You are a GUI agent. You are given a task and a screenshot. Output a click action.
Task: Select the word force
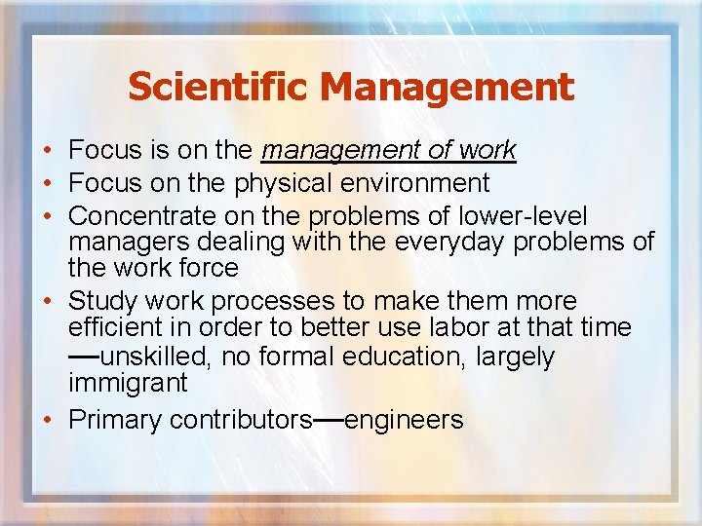tap(206, 267)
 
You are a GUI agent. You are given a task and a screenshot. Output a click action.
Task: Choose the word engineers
tap(404, 420)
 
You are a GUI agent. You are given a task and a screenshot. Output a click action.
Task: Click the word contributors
tap(240, 420)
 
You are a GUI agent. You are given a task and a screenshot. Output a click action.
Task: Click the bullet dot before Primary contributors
tap(47, 420)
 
